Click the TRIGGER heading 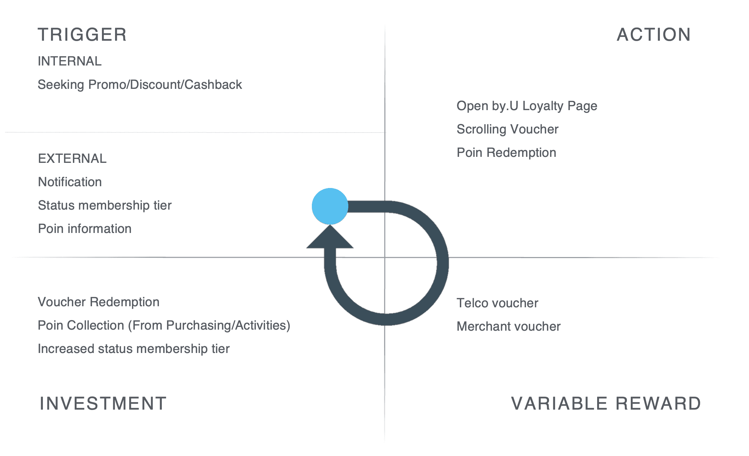pyautogui.click(x=82, y=35)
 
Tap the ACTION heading pyautogui.click(x=653, y=35)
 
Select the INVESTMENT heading pyautogui.click(x=103, y=404)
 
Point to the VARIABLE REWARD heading pyautogui.click(x=606, y=404)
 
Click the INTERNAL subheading pyautogui.click(x=70, y=61)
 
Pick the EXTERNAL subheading pyautogui.click(x=72, y=159)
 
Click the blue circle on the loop pyautogui.click(x=330, y=206)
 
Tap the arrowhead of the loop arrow pyautogui.click(x=330, y=238)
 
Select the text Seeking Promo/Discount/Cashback pyautogui.click(x=140, y=85)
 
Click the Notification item pyautogui.click(x=70, y=182)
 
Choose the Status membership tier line pyautogui.click(x=105, y=205)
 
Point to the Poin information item pyautogui.click(x=85, y=229)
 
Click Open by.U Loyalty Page pyautogui.click(x=527, y=106)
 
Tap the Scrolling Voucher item pyautogui.click(x=507, y=129)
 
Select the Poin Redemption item pyautogui.click(x=506, y=153)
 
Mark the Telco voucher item pyautogui.click(x=497, y=303)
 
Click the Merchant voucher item pyautogui.click(x=509, y=326)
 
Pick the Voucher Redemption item pyautogui.click(x=99, y=302)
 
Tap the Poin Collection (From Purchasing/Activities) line pyautogui.click(x=164, y=325)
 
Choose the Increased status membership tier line pyautogui.click(x=134, y=349)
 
